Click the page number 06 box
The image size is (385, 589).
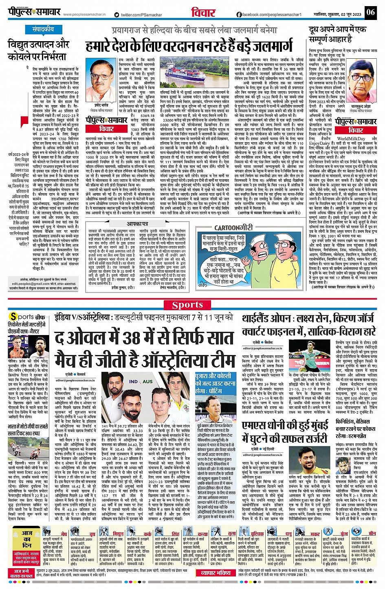(x=370, y=12)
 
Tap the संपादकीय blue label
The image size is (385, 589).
(x=43, y=29)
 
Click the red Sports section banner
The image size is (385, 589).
(x=187, y=305)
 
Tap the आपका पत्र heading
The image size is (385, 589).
(x=138, y=224)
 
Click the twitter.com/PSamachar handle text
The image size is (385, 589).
(x=141, y=15)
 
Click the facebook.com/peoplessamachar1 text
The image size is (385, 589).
(x=269, y=15)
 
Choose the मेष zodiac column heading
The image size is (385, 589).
(x=64, y=534)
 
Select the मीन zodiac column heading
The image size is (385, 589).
(x=372, y=533)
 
